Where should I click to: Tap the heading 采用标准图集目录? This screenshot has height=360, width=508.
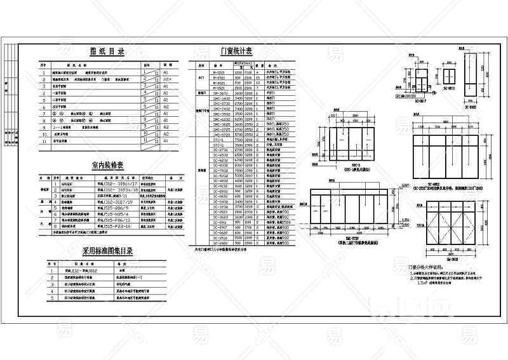tap(107, 251)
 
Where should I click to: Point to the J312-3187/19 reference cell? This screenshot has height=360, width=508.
tap(113, 201)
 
